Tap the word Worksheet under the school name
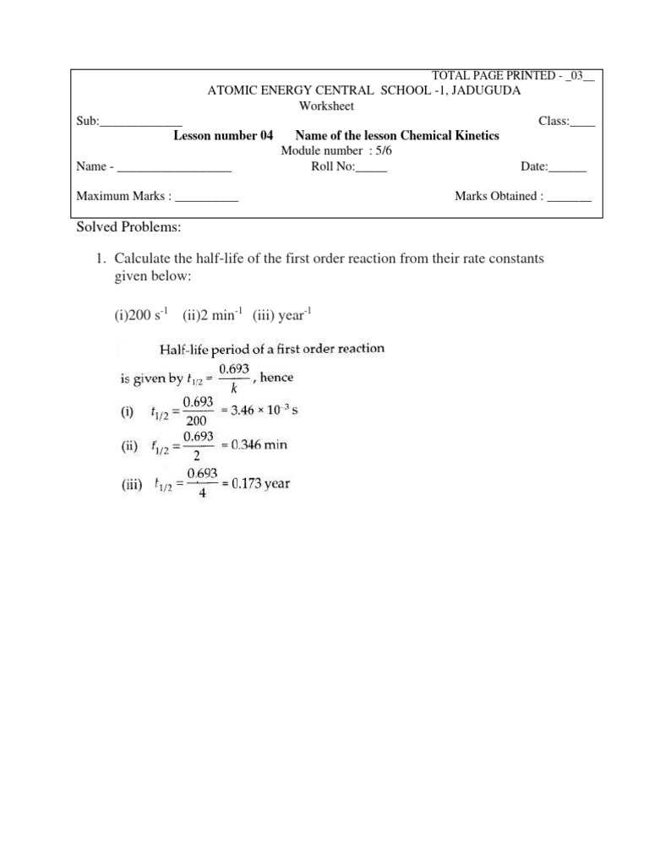[x=326, y=106]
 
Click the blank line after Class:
[x=582, y=122]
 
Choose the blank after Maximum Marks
[x=207, y=197]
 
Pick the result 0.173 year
[x=263, y=484]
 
